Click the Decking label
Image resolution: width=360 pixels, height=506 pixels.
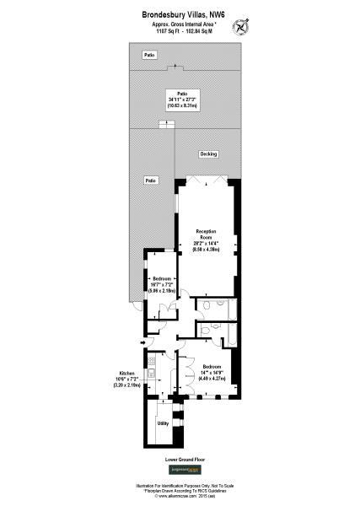coord(208,153)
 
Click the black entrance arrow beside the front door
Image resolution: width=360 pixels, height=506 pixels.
coord(138,342)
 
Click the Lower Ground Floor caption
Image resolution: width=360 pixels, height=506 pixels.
coord(180,460)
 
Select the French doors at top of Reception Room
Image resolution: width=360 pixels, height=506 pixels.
coord(206,180)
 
